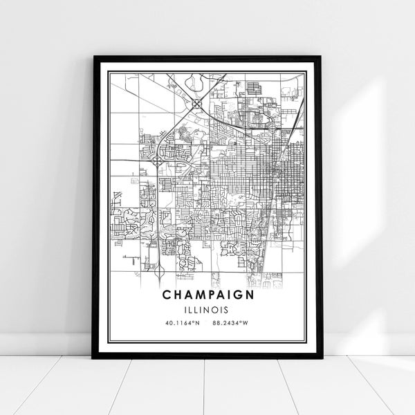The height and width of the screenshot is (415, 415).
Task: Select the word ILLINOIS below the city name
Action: (207, 309)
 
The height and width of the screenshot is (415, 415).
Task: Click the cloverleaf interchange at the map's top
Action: (197, 103)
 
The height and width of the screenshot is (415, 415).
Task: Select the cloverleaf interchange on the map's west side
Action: (158, 160)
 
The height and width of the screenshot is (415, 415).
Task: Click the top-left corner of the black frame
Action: (93, 57)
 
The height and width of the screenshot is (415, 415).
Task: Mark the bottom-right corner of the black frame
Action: (321, 358)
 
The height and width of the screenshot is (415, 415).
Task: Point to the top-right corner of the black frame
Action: (321, 57)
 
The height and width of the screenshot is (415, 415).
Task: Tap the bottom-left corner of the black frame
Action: (93, 358)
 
